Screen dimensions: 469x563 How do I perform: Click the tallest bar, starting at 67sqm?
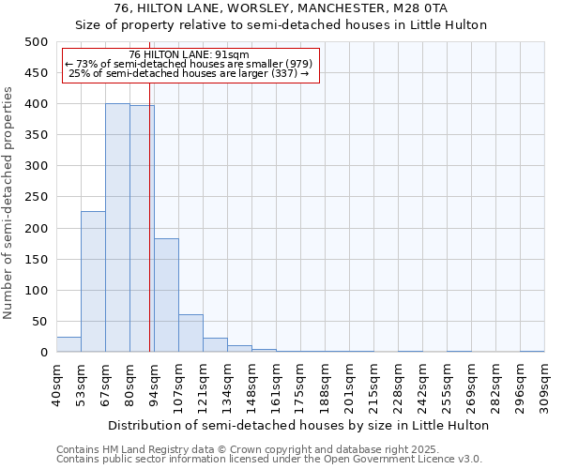(x=117, y=228)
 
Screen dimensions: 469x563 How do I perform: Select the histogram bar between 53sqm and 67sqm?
(x=93, y=281)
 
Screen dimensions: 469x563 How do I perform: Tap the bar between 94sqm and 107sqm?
(x=166, y=295)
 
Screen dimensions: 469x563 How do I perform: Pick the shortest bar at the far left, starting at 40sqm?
(x=68, y=344)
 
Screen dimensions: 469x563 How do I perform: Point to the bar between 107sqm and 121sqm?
(x=190, y=333)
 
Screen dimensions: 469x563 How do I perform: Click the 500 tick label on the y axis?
(x=36, y=42)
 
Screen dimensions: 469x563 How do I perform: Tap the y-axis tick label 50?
(x=39, y=322)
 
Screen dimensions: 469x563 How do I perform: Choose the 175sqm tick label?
(x=300, y=385)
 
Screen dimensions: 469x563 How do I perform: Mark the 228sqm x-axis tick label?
(x=398, y=385)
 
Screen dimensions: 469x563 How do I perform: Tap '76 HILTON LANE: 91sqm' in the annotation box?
(x=189, y=55)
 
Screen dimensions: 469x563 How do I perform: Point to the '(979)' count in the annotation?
(x=293, y=64)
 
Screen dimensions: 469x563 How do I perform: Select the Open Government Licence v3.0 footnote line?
(x=269, y=459)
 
